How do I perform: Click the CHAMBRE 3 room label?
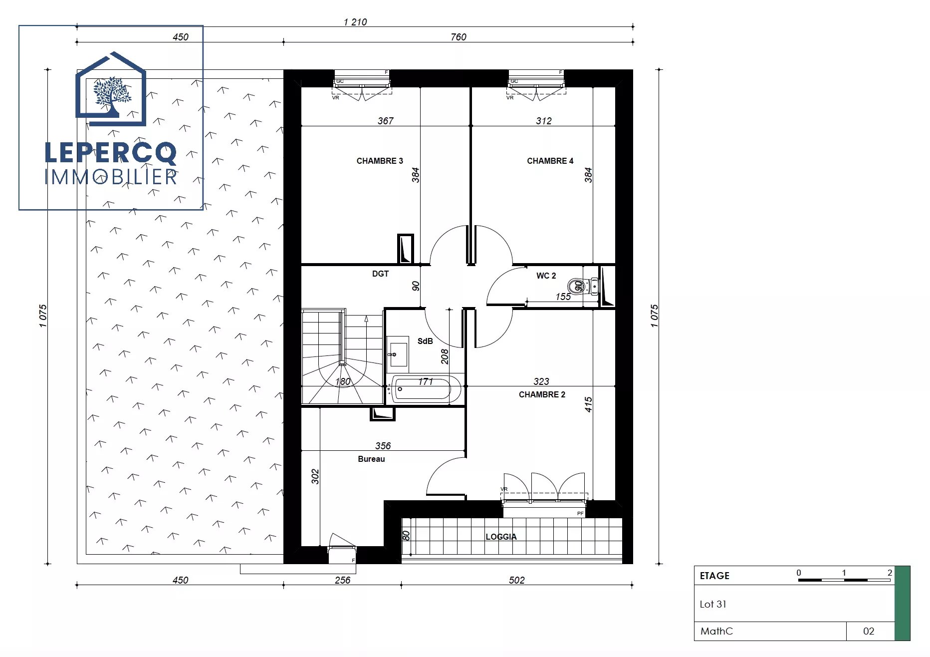pyautogui.click(x=380, y=161)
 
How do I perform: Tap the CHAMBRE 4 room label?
pyautogui.click(x=550, y=161)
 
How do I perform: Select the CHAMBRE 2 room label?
pyautogui.click(x=542, y=394)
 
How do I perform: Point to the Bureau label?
pyautogui.click(x=371, y=459)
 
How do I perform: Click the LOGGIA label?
pyautogui.click(x=501, y=537)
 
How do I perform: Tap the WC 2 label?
pyautogui.click(x=546, y=276)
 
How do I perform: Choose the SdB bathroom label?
pyautogui.click(x=425, y=341)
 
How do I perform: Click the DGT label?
pyautogui.click(x=380, y=274)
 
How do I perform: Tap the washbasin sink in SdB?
pyautogui.click(x=398, y=354)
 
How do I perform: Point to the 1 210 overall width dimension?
pyautogui.click(x=355, y=22)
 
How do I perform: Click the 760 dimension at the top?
pyautogui.click(x=459, y=37)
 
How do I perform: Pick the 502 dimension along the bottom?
pyautogui.click(x=517, y=580)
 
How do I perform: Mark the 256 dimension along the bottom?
pyautogui.click(x=342, y=580)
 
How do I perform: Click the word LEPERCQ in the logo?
pyautogui.click(x=111, y=153)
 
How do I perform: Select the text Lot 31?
pyautogui.click(x=713, y=604)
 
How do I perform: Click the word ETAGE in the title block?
pyautogui.click(x=714, y=576)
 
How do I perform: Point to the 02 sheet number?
pyautogui.click(x=869, y=631)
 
